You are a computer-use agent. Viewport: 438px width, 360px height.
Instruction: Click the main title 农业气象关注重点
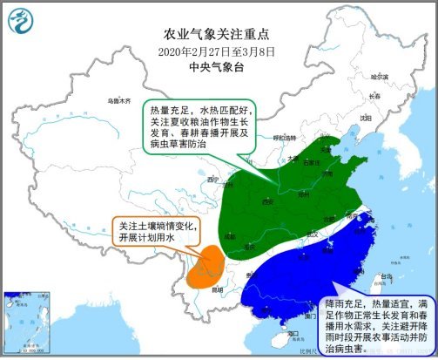(219, 35)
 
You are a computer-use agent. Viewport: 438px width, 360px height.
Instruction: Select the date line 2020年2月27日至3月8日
(219, 51)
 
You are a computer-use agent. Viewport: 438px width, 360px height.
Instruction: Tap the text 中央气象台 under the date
(219, 65)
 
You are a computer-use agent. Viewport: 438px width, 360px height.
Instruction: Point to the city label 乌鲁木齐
(117, 101)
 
